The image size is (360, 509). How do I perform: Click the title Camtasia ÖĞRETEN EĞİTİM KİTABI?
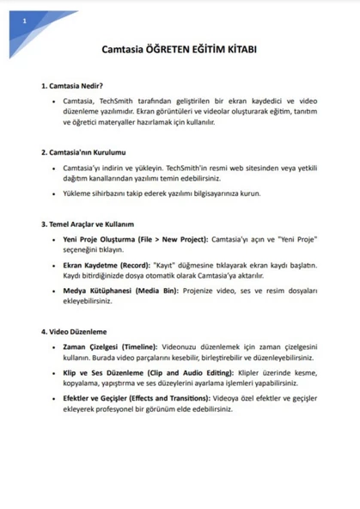[179, 51]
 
